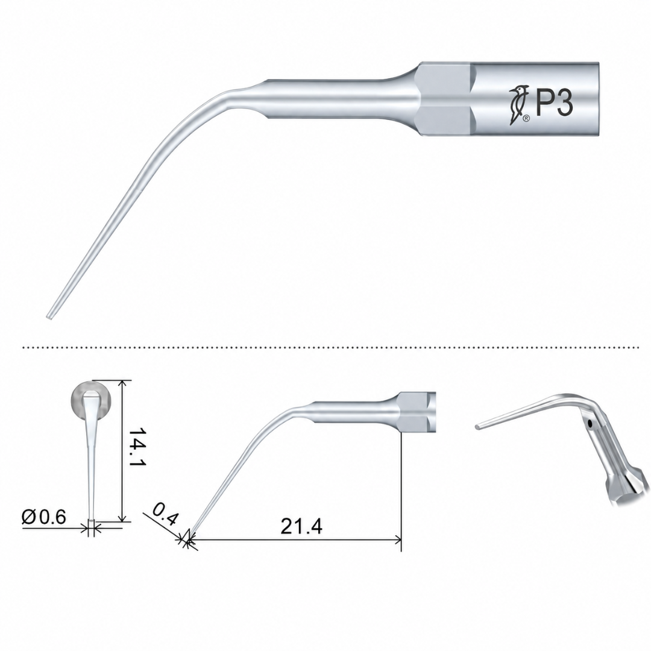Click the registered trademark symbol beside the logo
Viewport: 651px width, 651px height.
pos(526,119)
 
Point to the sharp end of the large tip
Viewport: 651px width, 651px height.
pos(49,317)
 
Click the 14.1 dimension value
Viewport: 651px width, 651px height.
pos(136,447)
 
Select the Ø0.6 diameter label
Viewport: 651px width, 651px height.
pos(44,517)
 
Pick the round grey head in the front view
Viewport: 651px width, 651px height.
pos(92,400)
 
